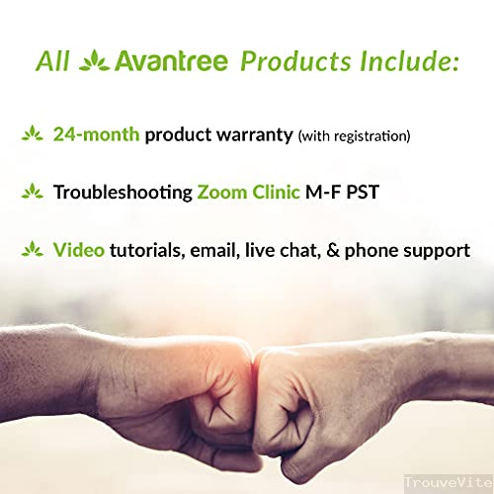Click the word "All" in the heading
pyautogui.click(x=51, y=61)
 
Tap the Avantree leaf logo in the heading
pyautogui.click(x=93, y=61)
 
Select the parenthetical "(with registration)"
pyautogui.click(x=354, y=134)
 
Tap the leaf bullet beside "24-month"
pyautogui.click(x=34, y=133)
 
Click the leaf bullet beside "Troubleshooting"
pyautogui.click(x=34, y=191)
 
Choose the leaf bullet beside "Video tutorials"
pyautogui.click(x=34, y=249)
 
